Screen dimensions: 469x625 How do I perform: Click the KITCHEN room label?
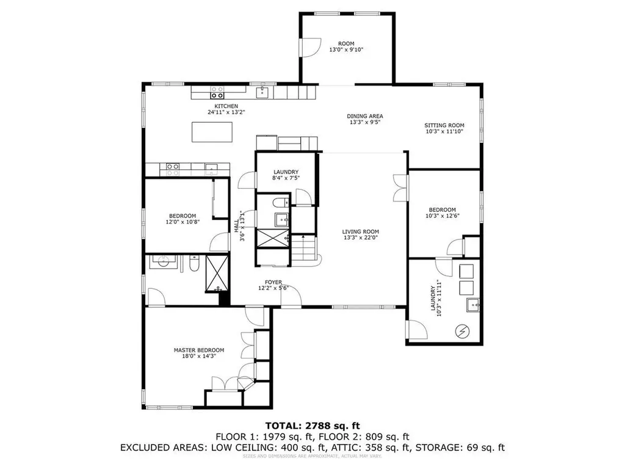click(222, 106)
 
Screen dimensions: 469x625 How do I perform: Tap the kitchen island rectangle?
click(213, 132)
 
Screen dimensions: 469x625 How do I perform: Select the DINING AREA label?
click(365, 116)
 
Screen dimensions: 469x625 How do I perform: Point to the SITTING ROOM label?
click(444, 125)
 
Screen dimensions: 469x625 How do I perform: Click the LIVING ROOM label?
click(360, 231)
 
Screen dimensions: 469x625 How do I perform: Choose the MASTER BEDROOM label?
click(198, 350)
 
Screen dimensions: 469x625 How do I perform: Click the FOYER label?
click(273, 282)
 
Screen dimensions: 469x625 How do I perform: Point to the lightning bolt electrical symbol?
click(462, 331)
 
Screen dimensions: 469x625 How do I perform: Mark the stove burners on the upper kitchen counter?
click(217, 92)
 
